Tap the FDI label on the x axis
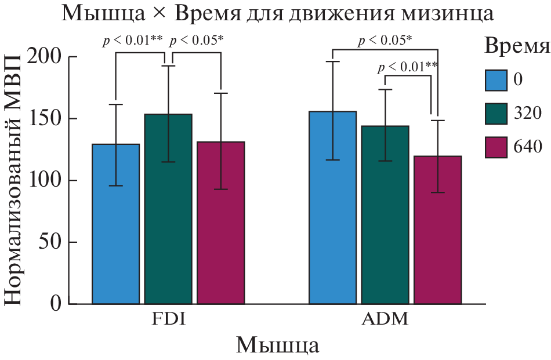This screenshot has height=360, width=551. (x=168, y=319)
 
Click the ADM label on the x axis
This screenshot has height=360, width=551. (x=385, y=319)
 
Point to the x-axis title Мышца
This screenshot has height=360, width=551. (x=277, y=346)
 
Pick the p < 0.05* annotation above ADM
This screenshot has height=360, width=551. (x=385, y=41)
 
